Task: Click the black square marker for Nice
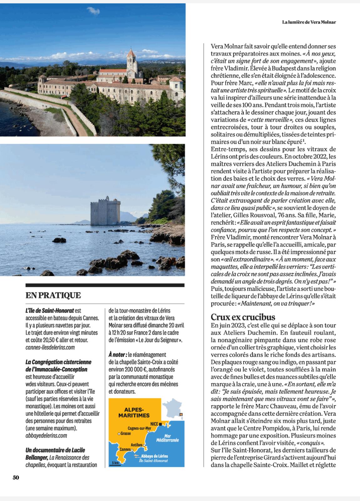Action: click(160, 424)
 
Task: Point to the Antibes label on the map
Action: click(137, 445)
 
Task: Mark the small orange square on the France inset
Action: click(180, 414)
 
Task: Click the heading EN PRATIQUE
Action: click(53, 295)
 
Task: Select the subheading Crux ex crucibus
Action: click(243, 317)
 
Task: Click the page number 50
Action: click(16, 477)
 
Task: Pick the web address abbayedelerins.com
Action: click(46, 436)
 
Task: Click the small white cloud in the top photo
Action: click(93, 11)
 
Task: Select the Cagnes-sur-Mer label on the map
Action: click(139, 428)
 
